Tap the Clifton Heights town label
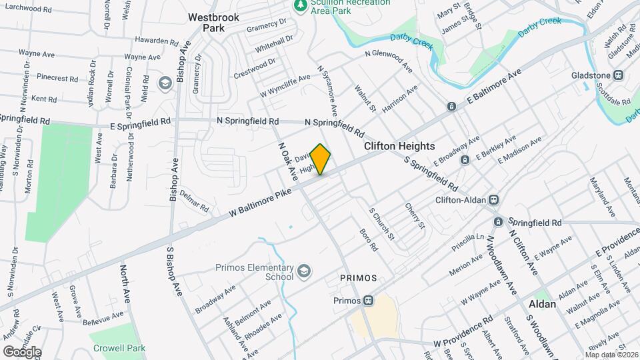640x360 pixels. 399,146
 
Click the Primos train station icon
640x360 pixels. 368,300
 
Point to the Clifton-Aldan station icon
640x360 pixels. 495,199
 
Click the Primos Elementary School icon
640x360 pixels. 304,271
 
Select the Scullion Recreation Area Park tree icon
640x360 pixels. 300,6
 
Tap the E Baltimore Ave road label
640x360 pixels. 493,87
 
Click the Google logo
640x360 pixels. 22,351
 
